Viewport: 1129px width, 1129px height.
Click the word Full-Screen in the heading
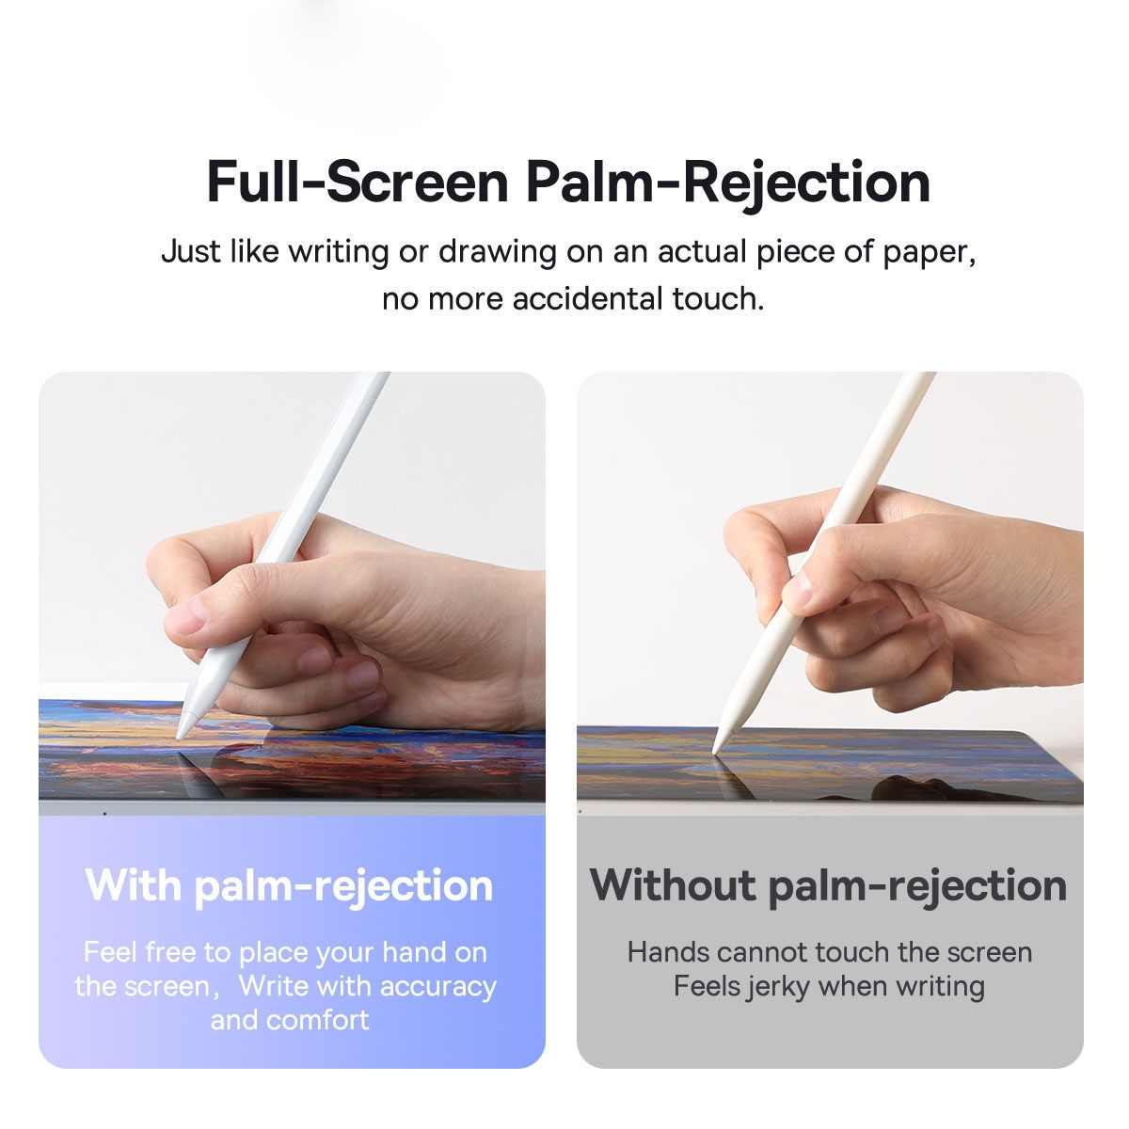click(x=358, y=183)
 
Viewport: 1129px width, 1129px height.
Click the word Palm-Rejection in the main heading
click(x=728, y=183)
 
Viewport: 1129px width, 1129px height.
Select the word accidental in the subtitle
click(x=588, y=299)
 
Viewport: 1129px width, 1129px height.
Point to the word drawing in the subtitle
click(x=498, y=252)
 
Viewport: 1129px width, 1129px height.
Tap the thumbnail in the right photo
click(x=799, y=587)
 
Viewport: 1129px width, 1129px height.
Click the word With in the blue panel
click(x=133, y=885)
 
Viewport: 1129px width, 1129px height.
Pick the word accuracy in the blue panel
click(x=440, y=986)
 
